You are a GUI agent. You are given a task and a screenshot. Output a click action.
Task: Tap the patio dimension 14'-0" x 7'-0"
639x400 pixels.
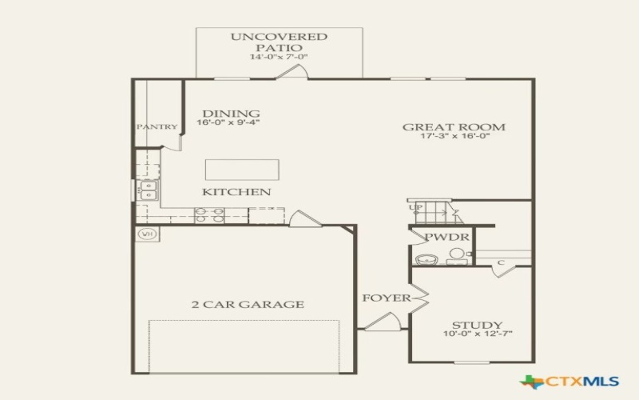pyautogui.click(x=279, y=58)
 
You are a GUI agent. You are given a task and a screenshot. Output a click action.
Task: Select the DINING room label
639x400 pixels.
pyautogui.click(x=230, y=114)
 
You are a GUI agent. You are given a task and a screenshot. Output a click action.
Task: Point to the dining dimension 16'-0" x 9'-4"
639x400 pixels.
pyautogui.click(x=228, y=123)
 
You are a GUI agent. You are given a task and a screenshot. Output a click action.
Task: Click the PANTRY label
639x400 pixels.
pyautogui.click(x=157, y=127)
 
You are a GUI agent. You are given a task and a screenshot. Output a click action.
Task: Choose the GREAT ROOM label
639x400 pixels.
pyautogui.click(x=454, y=126)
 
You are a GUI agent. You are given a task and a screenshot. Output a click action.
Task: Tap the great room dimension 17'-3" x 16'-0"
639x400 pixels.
pyautogui.click(x=454, y=136)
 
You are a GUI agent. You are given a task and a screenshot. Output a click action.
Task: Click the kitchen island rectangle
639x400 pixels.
pyautogui.click(x=242, y=170)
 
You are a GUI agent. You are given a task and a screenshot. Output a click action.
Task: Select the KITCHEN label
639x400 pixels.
pyautogui.click(x=236, y=192)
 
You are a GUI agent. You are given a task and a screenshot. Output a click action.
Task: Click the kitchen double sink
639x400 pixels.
pyautogui.click(x=148, y=190)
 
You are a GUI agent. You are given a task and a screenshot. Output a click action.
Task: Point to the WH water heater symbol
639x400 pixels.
pyautogui.click(x=147, y=234)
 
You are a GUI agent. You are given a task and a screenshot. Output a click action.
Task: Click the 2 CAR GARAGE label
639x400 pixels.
pyautogui.click(x=247, y=304)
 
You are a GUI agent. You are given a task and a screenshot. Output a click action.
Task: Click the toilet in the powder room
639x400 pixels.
pyautogui.click(x=457, y=255)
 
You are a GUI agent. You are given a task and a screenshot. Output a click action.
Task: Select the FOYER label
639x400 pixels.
pyautogui.click(x=387, y=298)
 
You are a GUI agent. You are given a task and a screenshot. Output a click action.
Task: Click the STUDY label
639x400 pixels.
pyautogui.click(x=477, y=325)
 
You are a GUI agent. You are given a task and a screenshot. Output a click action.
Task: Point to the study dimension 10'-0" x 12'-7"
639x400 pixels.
pyautogui.click(x=477, y=334)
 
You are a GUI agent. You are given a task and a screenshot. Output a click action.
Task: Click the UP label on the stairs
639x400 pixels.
pyautogui.click(x=416, y=207)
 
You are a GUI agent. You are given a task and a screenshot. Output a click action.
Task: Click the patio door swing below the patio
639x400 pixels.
pyautogui.click(x=291, y=73)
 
